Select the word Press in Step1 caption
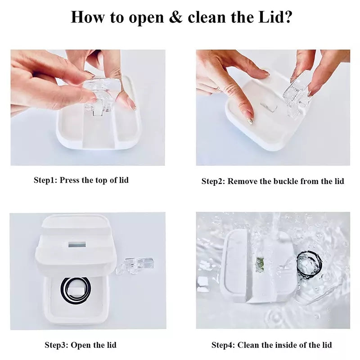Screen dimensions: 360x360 pyautogui.click(x=70, y=180)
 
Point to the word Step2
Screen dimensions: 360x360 pyautogui.click(x=213, y=181)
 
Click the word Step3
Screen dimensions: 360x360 pyautogui.click(x=57, y=345)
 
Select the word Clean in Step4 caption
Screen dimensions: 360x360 pyautogui.click(x=248, y=345)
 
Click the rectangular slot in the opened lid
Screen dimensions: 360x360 pyautogui.click(x=77, y=245)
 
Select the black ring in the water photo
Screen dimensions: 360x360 pyautogui.click(x=309, y=265)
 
